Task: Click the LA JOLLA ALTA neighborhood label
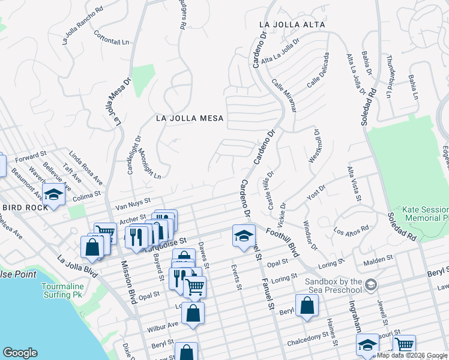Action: (x=292, y=25)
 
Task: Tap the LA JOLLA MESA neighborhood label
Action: (x=190, y=118)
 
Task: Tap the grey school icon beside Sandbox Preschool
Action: (x=371, y=283)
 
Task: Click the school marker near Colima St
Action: (x=53, y=195)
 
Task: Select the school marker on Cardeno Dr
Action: (x=244, y=236)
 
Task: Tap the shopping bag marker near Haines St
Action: (x=307, y=304)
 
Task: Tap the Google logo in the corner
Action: (x=20, y=352)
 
